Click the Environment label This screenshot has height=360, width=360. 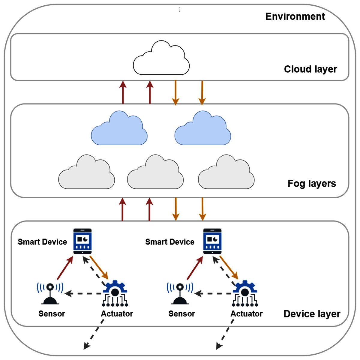tap(295, 16)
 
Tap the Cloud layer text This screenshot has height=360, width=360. tap(310, 69)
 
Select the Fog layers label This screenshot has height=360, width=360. tap(311, 183)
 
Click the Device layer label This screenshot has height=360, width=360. tap(312, 314)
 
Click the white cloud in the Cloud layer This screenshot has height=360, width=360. tap(161, 60)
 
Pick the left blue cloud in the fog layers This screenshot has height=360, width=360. tap(119, 130)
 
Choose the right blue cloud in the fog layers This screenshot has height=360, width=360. tap(203, 130)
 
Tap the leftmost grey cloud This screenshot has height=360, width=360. tap(86, 174)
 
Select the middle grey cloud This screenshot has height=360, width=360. tap(155, 174)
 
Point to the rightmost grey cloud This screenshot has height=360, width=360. tap(226, 174)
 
